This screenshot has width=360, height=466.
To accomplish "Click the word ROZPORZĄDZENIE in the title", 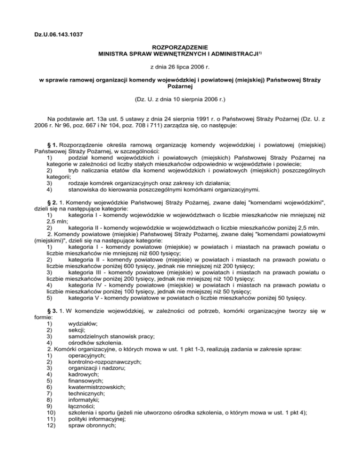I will tap(180, 47).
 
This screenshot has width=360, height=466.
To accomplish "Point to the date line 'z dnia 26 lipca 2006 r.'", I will tap(180, 68).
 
